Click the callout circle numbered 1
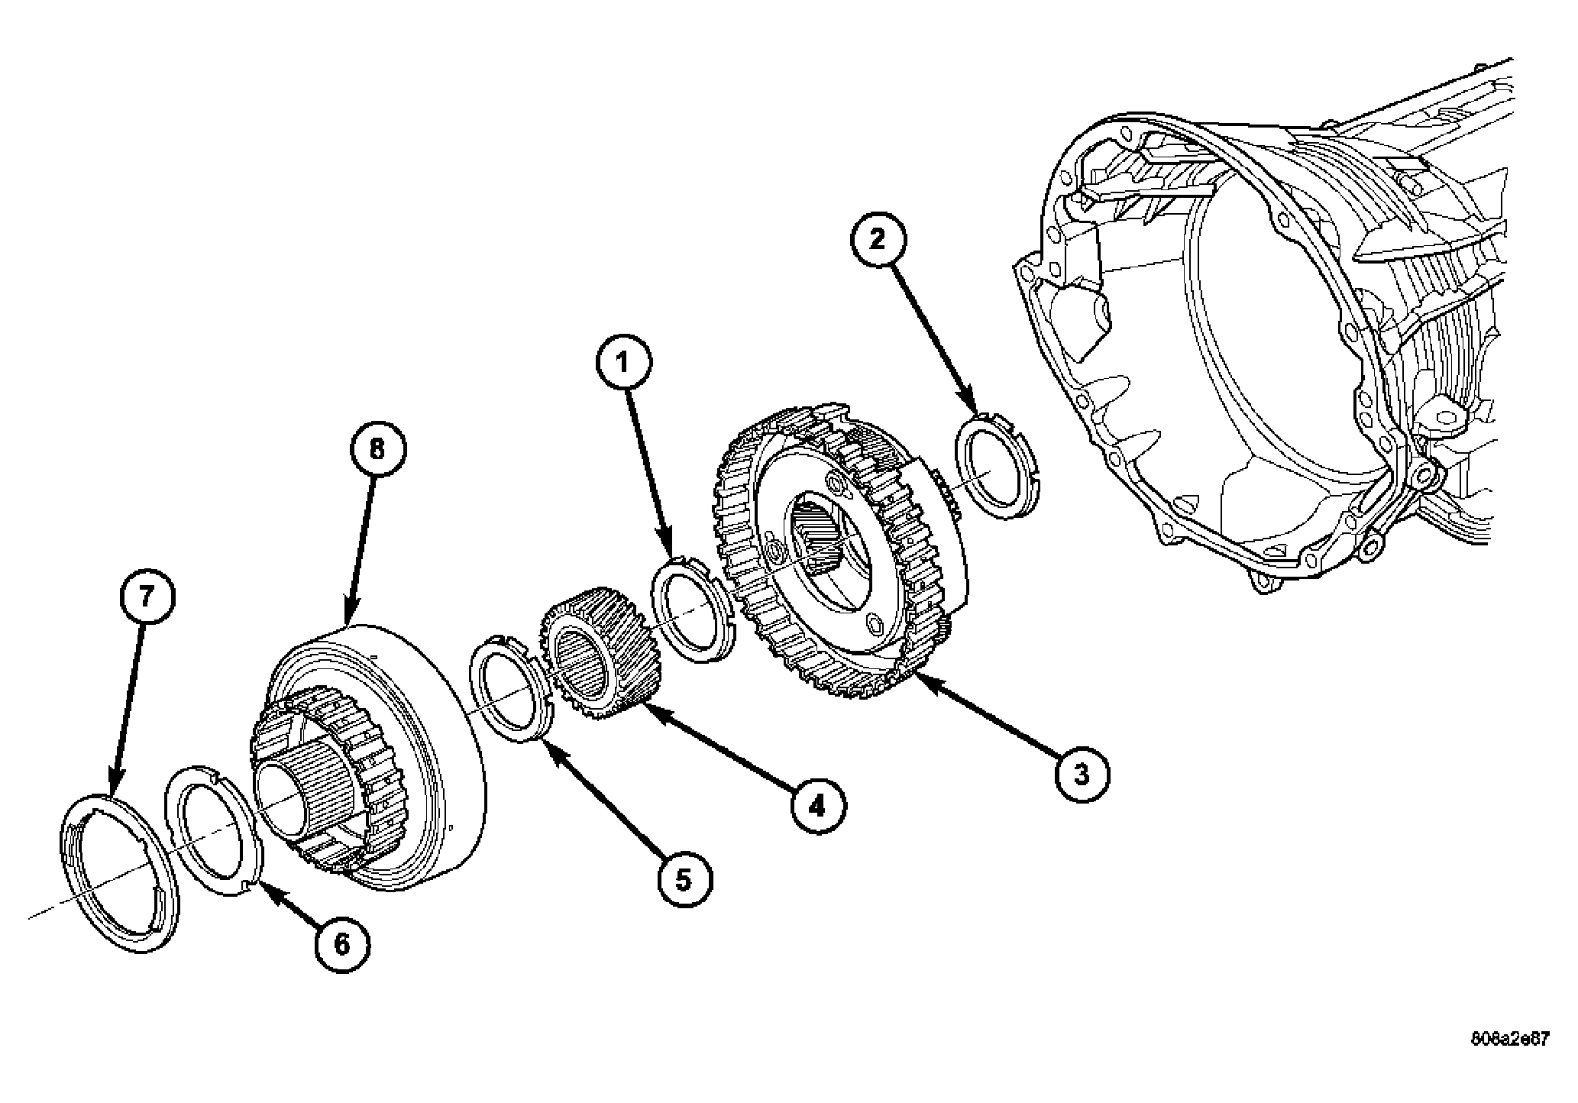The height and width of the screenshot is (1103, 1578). pos(624,363)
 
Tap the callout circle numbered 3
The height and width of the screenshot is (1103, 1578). pos(1082,775)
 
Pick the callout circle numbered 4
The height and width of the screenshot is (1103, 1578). pos(818,805)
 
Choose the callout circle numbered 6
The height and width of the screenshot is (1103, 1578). pos(342,945)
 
